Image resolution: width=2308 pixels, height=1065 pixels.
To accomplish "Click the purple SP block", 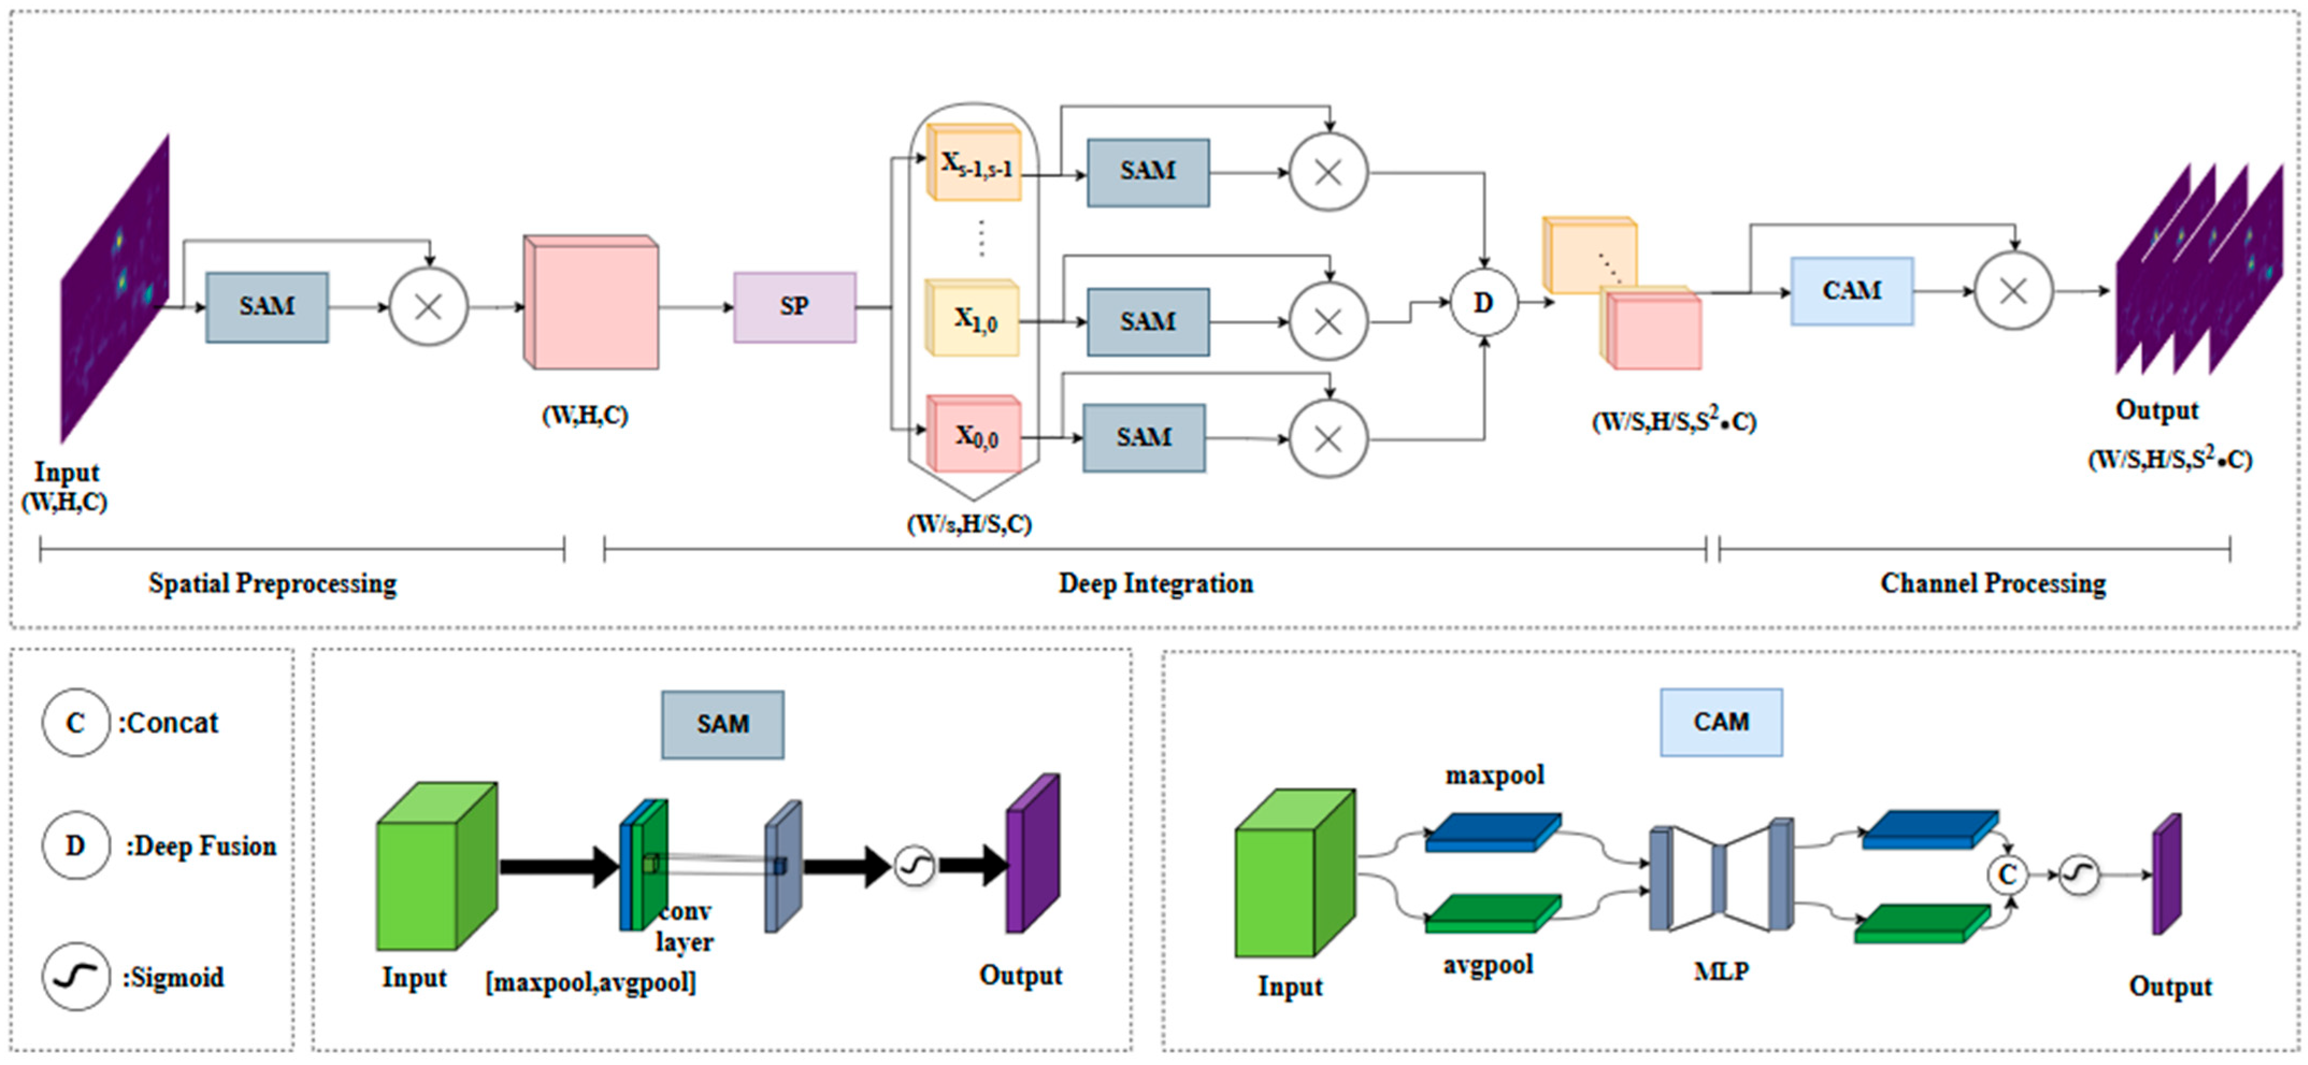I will click(x=794, y=306).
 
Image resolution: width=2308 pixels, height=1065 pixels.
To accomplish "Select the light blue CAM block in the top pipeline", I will click(x=1851, y=291).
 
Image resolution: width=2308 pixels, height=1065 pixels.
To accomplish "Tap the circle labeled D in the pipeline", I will click(x=1484, y=303).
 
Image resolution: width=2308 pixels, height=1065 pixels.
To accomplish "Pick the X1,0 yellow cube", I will click(x=973, y=319).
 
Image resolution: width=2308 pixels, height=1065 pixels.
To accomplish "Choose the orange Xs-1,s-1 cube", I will click(x=974, y=163).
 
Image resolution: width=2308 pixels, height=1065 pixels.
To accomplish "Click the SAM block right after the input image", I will click(x=267, y=306).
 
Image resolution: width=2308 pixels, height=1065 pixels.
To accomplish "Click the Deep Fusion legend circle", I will click(x=75, y=845).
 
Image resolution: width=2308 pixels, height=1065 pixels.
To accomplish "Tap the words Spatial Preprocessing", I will click(x=272, y=583).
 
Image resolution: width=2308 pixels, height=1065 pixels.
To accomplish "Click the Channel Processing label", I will click(x=1993, y=583).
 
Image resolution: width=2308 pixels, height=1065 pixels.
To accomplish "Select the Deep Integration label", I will click(x=1156, y=583).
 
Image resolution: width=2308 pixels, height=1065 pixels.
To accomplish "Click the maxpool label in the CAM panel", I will click(x=1494, y=775).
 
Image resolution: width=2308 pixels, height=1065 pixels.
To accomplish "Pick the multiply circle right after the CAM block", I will click(x=2013, y=291).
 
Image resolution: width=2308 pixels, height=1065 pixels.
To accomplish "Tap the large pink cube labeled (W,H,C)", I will click(x=591, y=303).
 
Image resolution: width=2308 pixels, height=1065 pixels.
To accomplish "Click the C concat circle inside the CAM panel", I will click(x=2007, y=874).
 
